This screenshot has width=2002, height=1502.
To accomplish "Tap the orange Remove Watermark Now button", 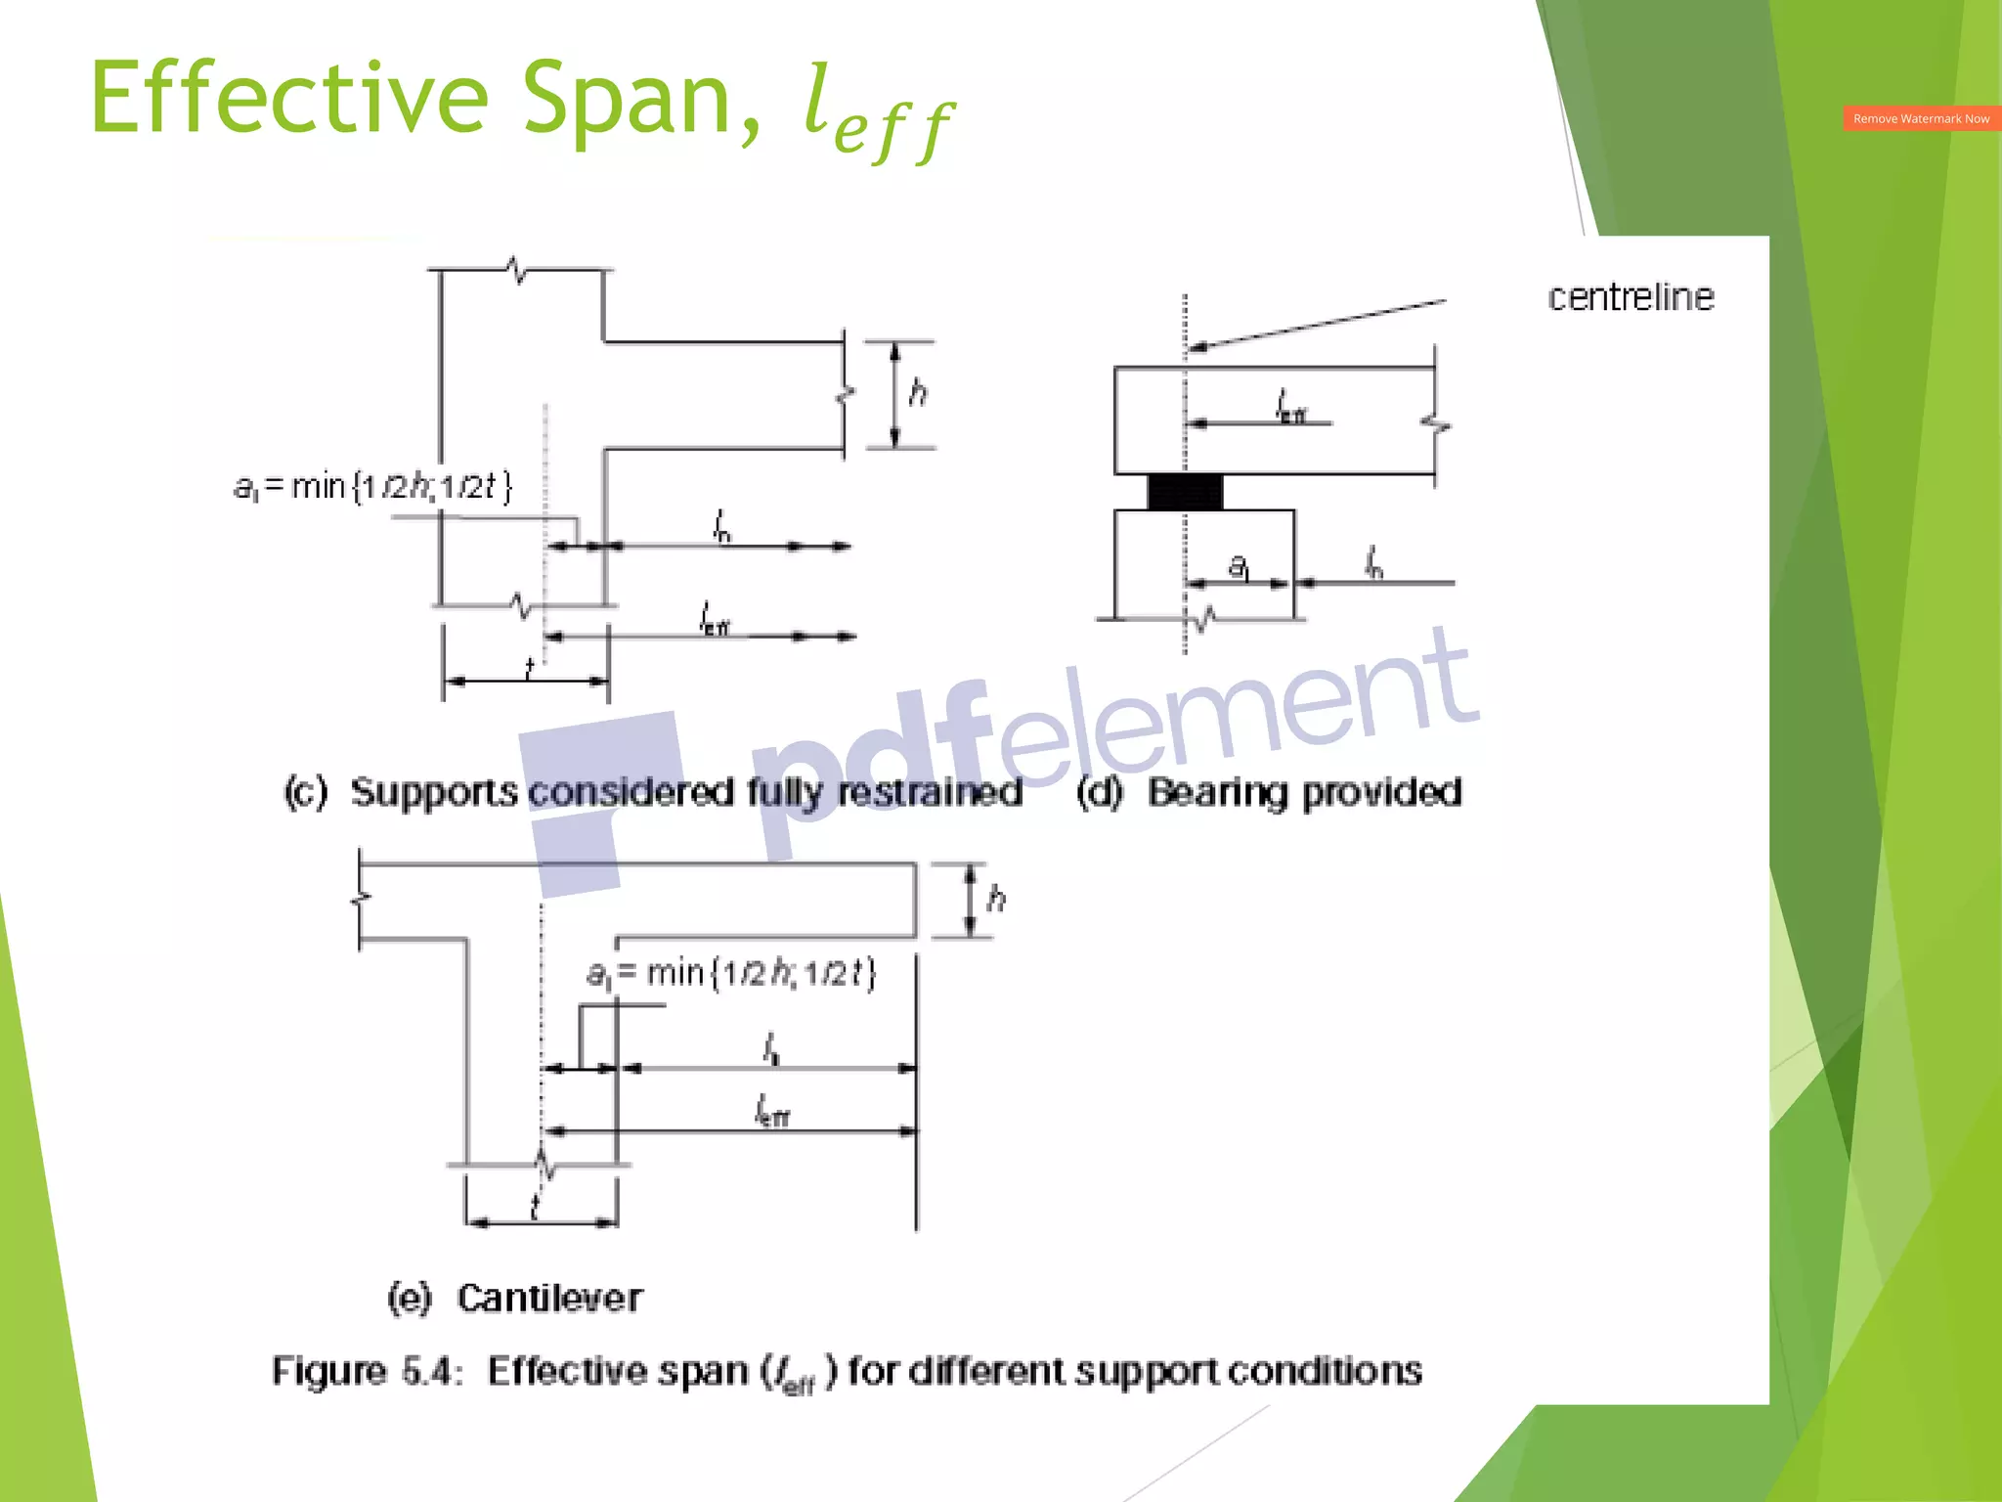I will tap(1921, 118).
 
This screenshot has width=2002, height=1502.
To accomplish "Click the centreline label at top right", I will tap(1631, 297).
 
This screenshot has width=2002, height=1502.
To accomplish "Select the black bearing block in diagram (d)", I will tap(1185, 492).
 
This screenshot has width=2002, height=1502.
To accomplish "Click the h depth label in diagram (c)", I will tap(918, 393).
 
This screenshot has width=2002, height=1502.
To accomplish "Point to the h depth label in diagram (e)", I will tap(996, 898).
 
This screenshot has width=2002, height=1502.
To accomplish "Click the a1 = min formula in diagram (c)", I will tap(372, 486).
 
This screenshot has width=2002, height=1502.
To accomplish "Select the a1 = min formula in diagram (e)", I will tap(731, 973).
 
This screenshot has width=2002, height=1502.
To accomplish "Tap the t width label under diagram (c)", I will tap(529, 668).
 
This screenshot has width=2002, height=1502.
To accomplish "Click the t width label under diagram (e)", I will tap(535, 1209).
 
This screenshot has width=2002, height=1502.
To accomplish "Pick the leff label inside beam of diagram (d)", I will tap(1290, 407).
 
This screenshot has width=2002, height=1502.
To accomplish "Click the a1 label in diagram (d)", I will tap(1239, 567).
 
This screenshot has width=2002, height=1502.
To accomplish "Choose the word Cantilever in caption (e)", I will tap(549, 1298).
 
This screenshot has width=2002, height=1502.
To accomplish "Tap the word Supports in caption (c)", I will tap(434, 792).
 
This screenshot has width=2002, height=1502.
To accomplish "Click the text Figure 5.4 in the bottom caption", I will tap(367, 1371).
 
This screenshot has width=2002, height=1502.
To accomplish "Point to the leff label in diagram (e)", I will tap(772, 1112).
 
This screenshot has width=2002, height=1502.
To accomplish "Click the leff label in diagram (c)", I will tap(715, 619).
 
